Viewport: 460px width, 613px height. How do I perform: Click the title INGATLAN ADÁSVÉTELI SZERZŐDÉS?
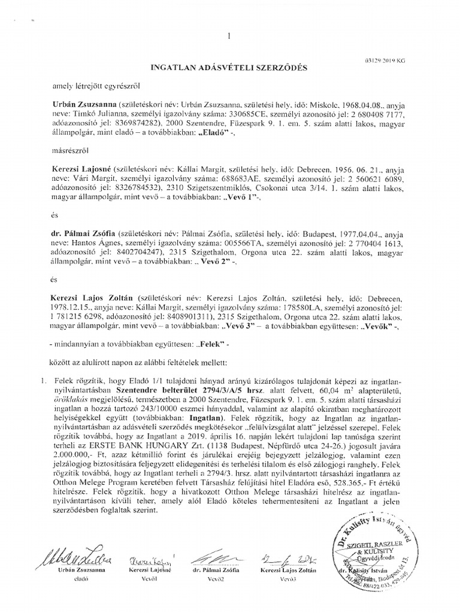coord(228,68)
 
